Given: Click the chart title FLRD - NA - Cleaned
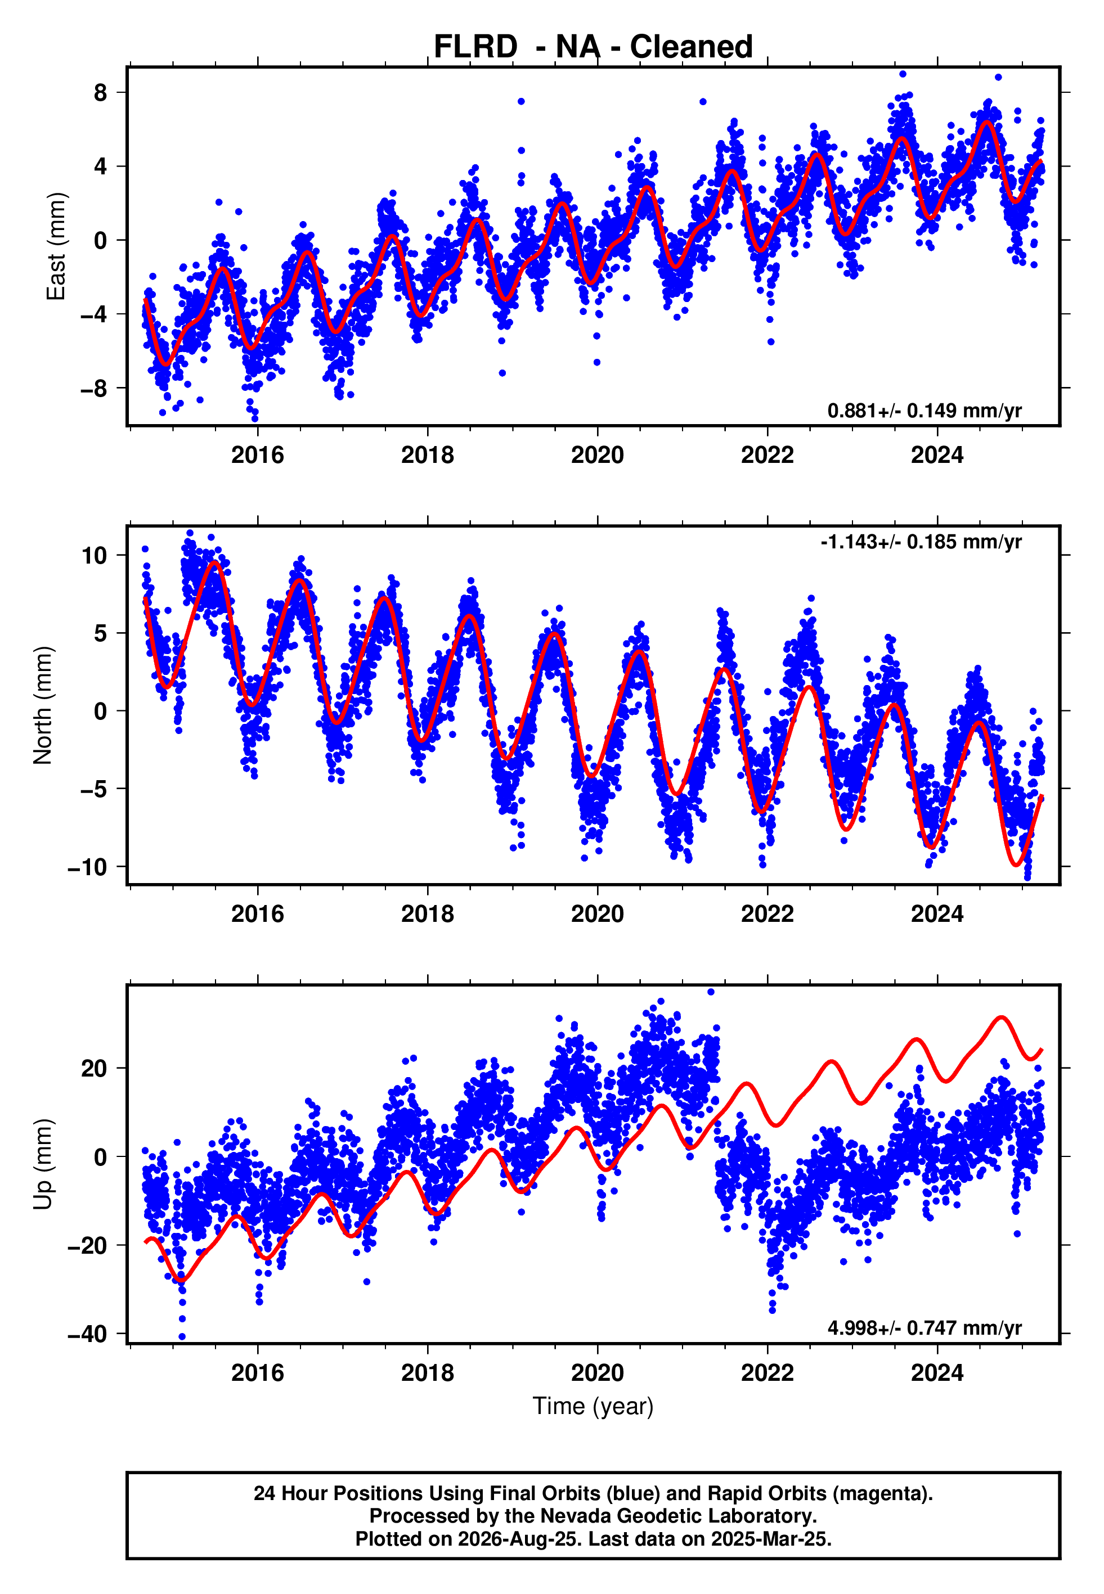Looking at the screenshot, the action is point(593,47).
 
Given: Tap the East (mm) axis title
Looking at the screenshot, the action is point(55,246).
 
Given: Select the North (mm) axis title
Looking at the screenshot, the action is point(43,705).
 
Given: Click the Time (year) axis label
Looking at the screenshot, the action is point(593,1407).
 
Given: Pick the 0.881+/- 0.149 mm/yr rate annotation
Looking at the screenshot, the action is point(924,411).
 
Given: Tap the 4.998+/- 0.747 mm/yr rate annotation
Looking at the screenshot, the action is point(924,1328).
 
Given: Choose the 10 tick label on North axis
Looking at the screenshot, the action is point(95,555).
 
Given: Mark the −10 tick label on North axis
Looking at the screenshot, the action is point(88,867).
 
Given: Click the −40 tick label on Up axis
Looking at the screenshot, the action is point(88,1334).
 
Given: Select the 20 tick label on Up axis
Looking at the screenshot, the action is point(95,1068).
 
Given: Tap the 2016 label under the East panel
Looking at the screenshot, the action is point(257,455).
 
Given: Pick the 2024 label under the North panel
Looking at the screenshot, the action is point(937,914).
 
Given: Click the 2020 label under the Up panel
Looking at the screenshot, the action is point(598,1372).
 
